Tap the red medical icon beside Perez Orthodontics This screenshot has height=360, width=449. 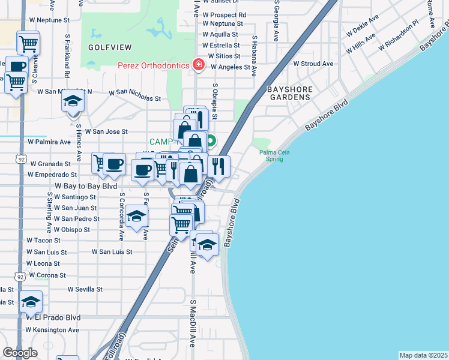point(197,65)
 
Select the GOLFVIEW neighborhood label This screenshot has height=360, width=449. point(106,46)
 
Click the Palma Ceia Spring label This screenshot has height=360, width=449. point(274,156)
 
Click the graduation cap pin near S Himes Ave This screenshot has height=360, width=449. point(73,101)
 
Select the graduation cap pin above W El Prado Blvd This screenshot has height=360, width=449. point(31,302)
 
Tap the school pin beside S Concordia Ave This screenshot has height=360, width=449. point(136,217)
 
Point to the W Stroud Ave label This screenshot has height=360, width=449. point(313,64)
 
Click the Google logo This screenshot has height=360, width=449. point(20,353)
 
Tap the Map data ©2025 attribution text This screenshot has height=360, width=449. point(423,355)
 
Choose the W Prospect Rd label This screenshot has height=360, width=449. point(224,14)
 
